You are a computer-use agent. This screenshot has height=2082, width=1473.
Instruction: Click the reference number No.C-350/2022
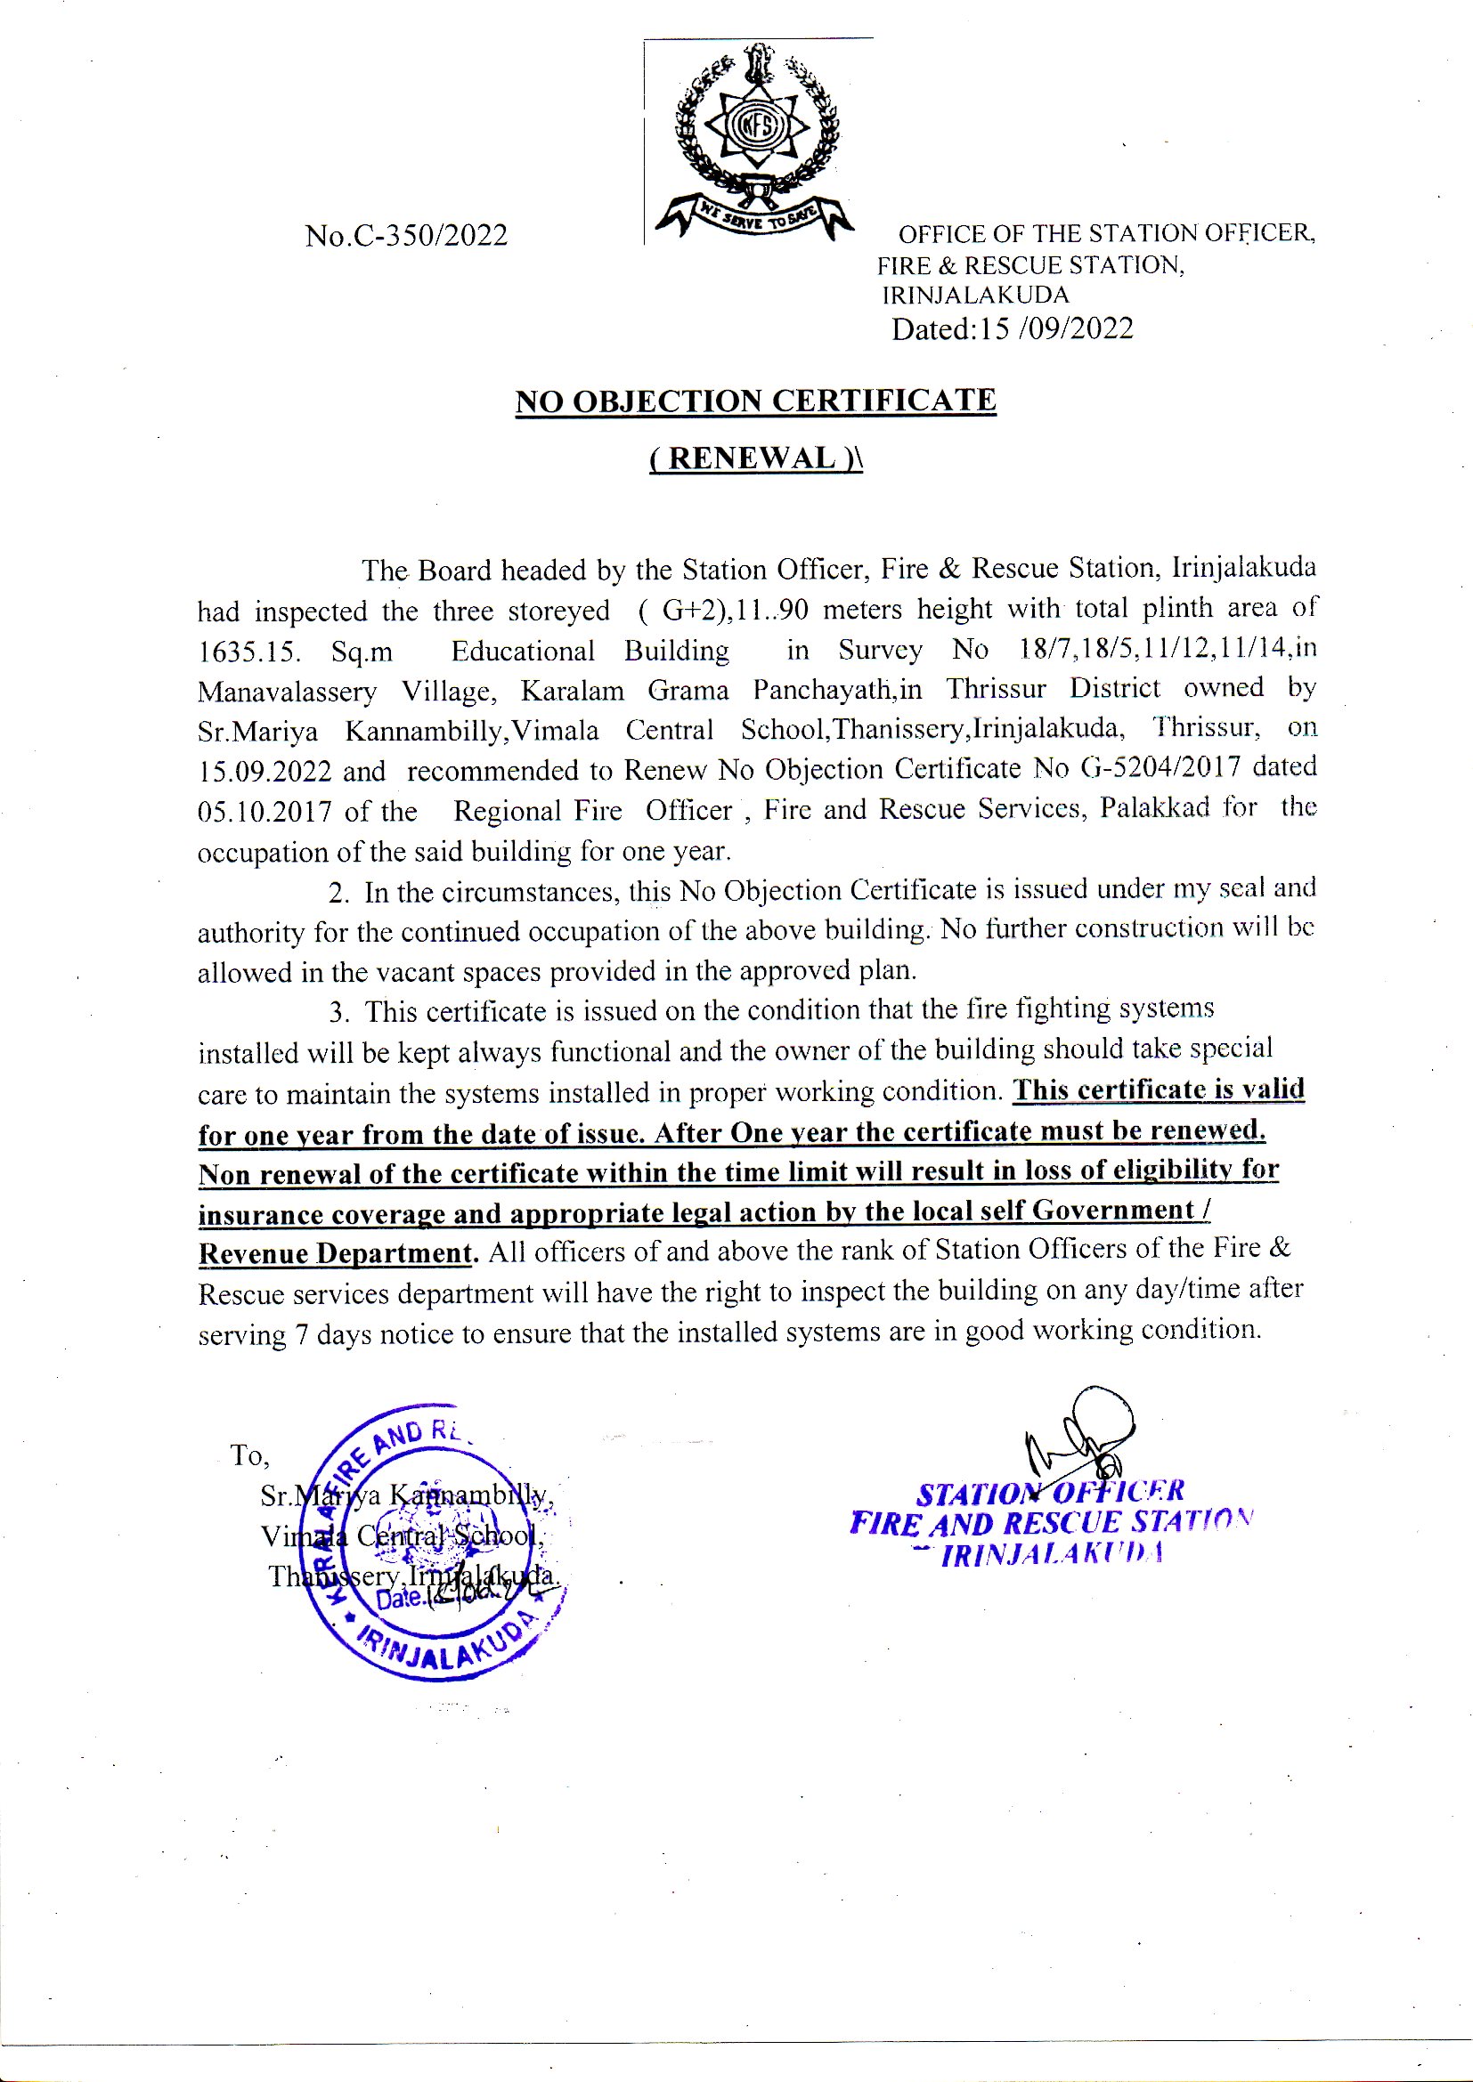click(x=406, y=236)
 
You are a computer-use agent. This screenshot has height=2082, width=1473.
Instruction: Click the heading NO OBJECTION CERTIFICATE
click(x=755, y=401)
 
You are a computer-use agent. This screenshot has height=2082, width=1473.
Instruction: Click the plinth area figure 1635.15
click(x=248, y=652)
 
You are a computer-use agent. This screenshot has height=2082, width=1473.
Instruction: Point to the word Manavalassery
click(x=287, y=692)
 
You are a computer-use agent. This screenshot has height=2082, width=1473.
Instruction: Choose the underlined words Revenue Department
click(x=336, y=1254)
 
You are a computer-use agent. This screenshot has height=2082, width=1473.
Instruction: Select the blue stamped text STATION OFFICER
click(x=1050, y=1493)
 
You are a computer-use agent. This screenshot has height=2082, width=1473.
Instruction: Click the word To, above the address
click(x=249, y=1455)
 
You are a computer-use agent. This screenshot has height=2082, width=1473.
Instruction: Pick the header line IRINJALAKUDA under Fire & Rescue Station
click(x=975, y=296)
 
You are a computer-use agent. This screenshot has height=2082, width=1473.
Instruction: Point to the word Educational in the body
click(x=523, y=652)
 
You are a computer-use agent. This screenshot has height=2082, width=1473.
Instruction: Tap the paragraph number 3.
click(x=338, y=1013)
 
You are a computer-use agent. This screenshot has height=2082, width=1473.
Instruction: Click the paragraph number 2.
click(x=338, y=894)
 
